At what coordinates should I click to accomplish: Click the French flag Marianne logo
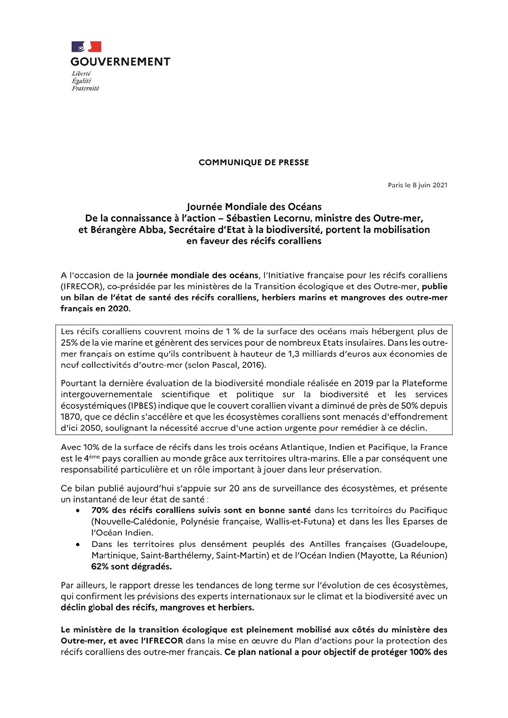point(86,47)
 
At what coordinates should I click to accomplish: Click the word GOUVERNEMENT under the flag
point(120,62)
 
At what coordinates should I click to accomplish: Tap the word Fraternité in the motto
point(85,88)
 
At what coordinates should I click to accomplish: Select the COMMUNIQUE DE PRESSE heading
point(253,162)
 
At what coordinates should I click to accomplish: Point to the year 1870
point(71,417)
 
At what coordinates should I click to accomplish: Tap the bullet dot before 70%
point(77,511)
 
